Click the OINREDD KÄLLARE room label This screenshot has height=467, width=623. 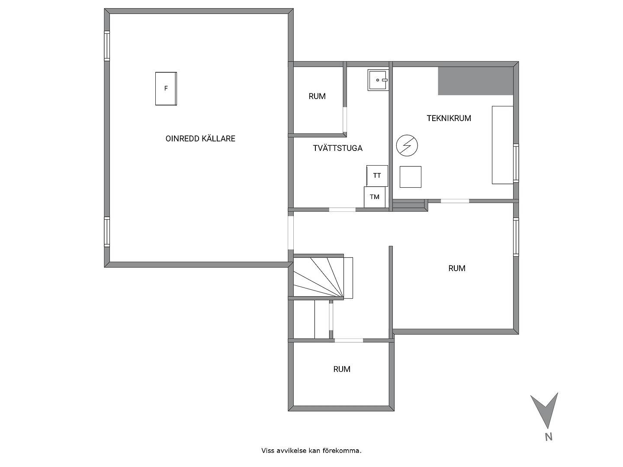click(x=200, y=139)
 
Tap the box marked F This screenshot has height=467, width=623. click(x=166, y=89)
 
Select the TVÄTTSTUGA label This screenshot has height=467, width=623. click(x=338, y=148)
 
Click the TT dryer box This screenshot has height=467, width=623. click(x=377, y=176)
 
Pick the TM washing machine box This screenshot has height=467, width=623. click(x=375, y=197)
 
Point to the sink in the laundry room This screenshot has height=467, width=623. click(x=378, y=80)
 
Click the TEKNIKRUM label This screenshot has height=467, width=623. click(x=449, y=118)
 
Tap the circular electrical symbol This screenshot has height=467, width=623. click(x=407, y=145)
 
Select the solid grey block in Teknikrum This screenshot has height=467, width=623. click(x=475, y=81)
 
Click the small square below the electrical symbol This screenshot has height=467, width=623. click(x=411, y=177)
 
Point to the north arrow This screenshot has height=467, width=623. click(x=544, y=410)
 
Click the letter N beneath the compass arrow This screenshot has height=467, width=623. click(x=549, y=437)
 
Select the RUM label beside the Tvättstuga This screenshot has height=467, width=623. click(x=317, y=96)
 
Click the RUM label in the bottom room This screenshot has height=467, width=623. click(x=342, y=369)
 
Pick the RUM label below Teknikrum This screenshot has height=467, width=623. click(x=457, y=268)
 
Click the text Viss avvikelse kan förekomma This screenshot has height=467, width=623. click(x=311, y=451)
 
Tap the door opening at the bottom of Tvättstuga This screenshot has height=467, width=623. click(x=342, y=210)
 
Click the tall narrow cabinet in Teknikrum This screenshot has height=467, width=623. click(x=502, y=145)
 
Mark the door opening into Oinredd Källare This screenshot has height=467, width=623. click(x=291, y=233)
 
